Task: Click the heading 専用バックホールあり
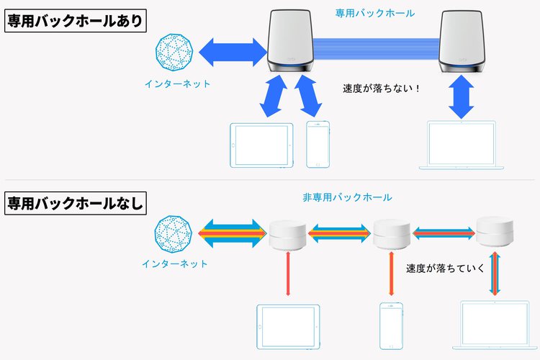(75, 21)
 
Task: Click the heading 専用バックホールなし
(75, 202)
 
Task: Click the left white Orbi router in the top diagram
(293, 41)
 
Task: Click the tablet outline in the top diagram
(261, 145)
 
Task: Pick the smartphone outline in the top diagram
(317, 145)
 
